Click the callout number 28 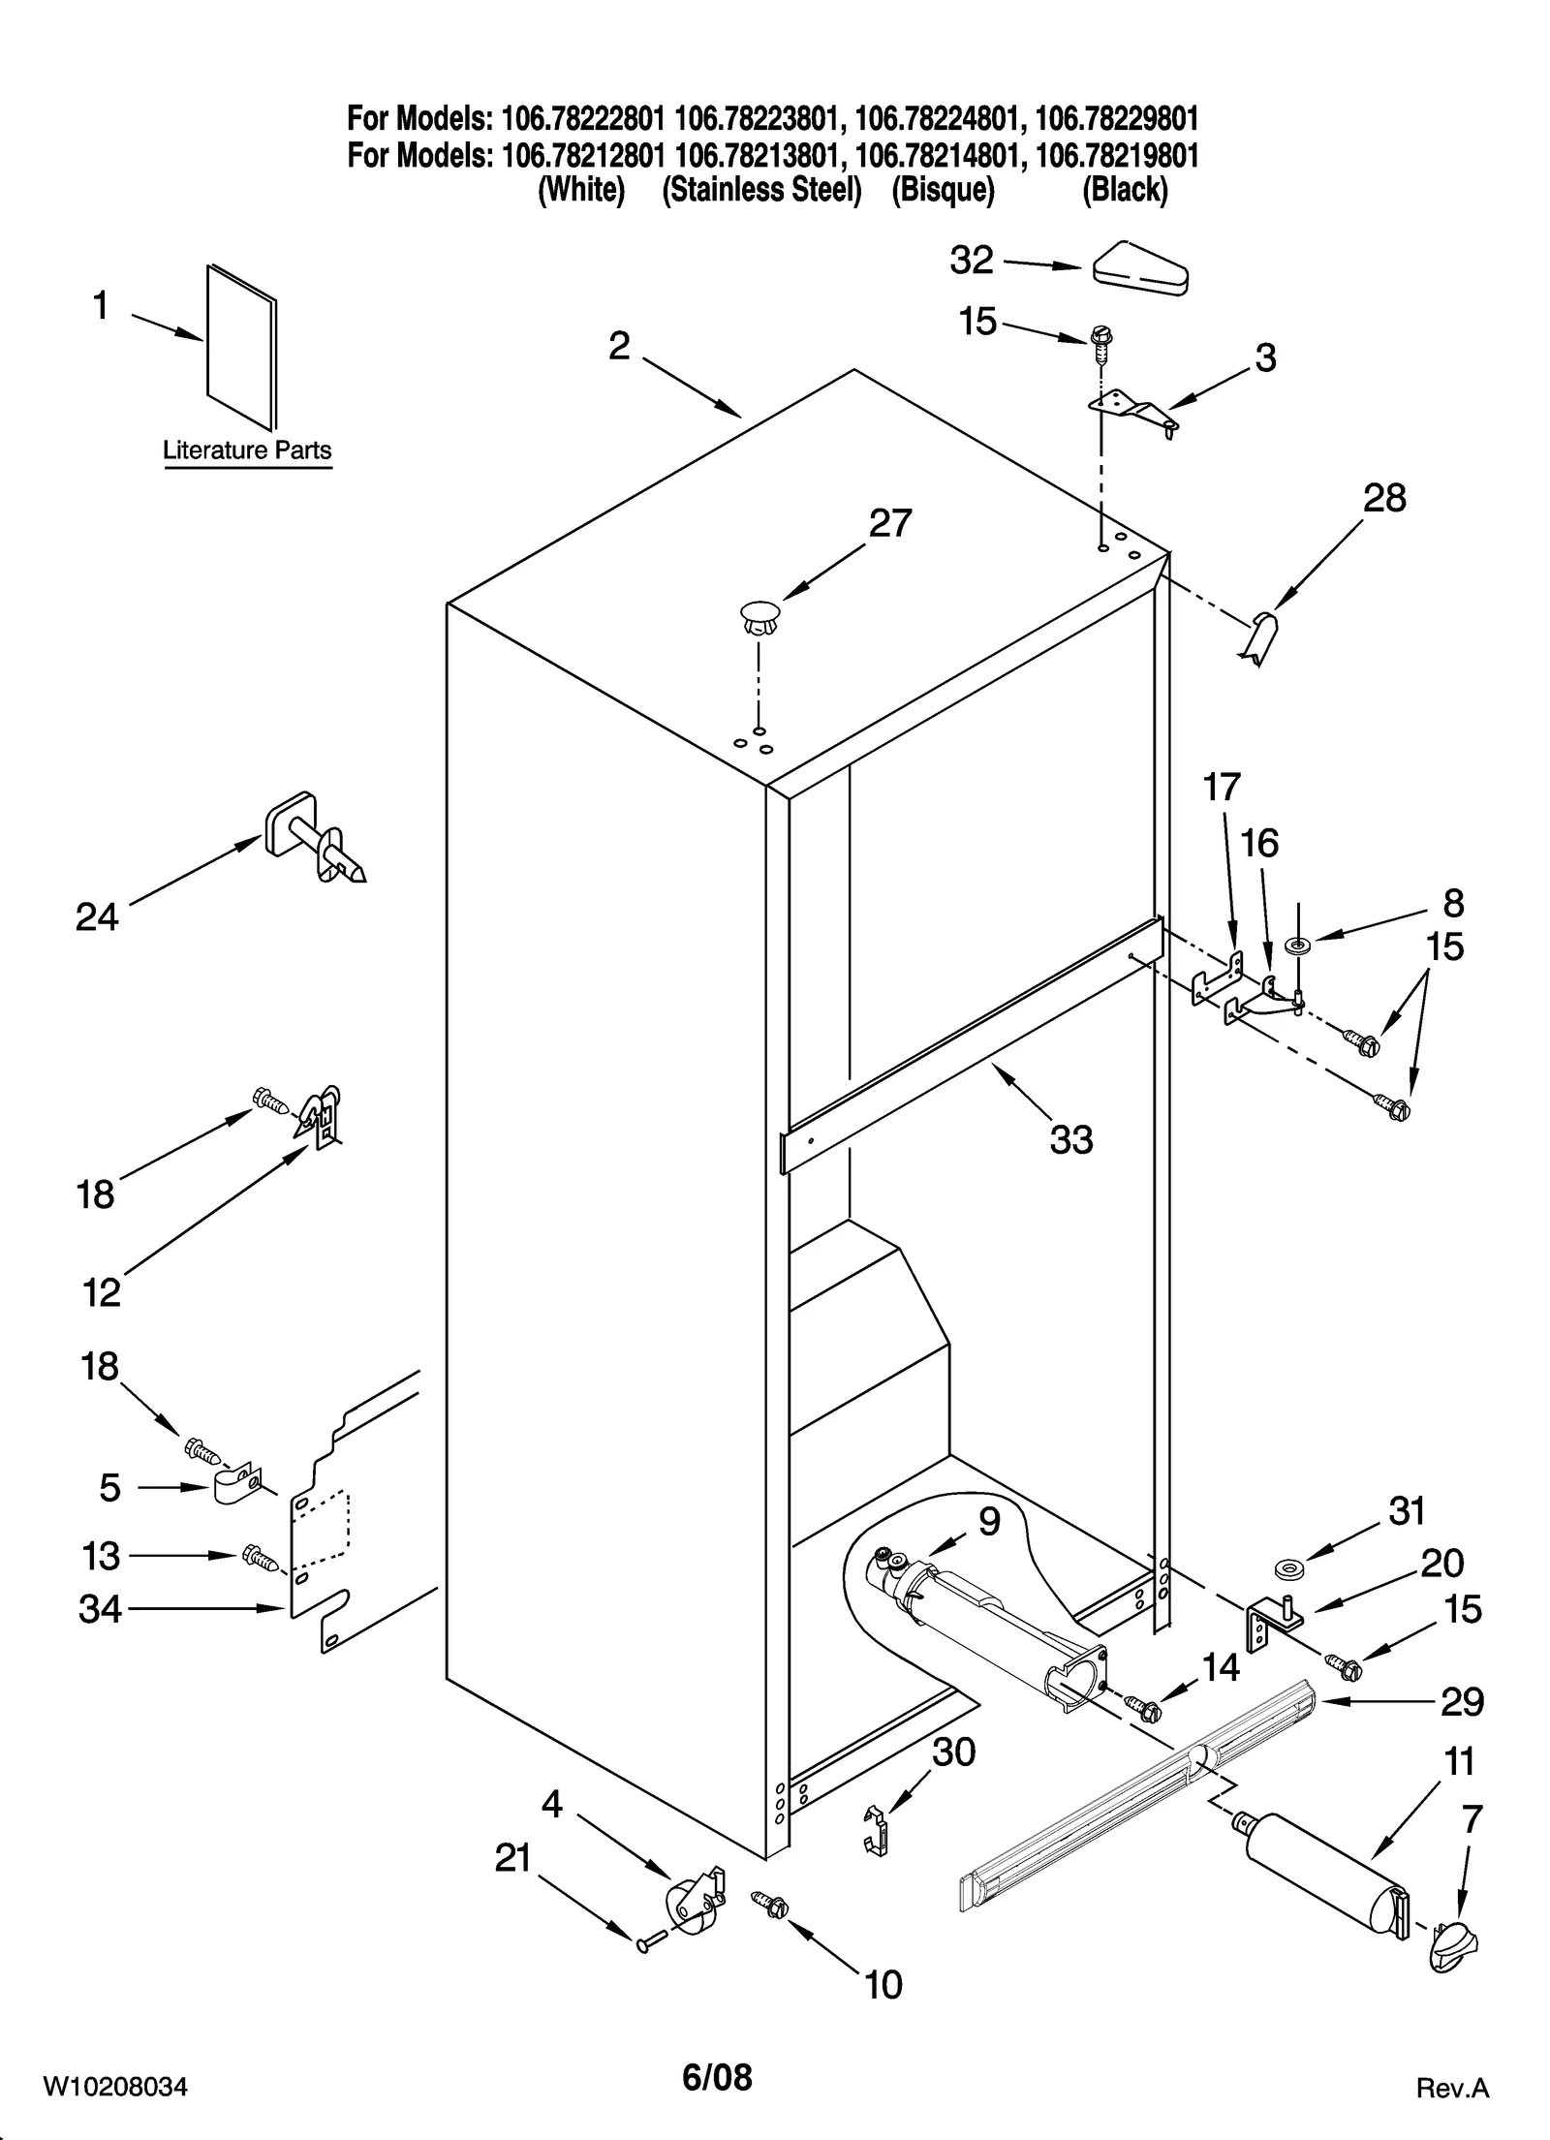[x=1383, y=499]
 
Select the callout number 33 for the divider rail [x=1070, y=1139]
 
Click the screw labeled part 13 [x=259, y=1557]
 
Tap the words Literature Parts [x=246, y=450]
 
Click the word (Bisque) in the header [x=943, y=190]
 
